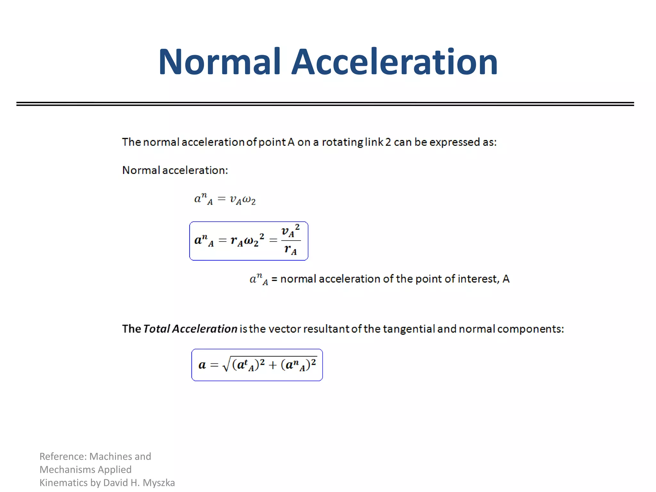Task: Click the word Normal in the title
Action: pyautogui.click(x=219, y=61)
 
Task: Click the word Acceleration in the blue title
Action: pyautogui.click(x=395, y=61)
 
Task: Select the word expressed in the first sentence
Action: pyautogui.click(x=450, y=142)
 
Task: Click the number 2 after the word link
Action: pyautogui.click(x=388, y=142)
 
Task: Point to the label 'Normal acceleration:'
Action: pyautogui.click(x=175, y=170)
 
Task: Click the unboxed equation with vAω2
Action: pyautogui.click(x=225, y=199)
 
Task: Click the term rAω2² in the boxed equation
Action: pyautogui.click(x=247, y=240)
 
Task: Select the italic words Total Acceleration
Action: pyautogui.click(x=190, y=329)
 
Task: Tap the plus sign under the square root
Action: pyautogui.click(x=273, y=365)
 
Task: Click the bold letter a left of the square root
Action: pyautogui.click(x=202, y=365)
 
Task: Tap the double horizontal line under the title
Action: pyautogui.click(x=325, y=104)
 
